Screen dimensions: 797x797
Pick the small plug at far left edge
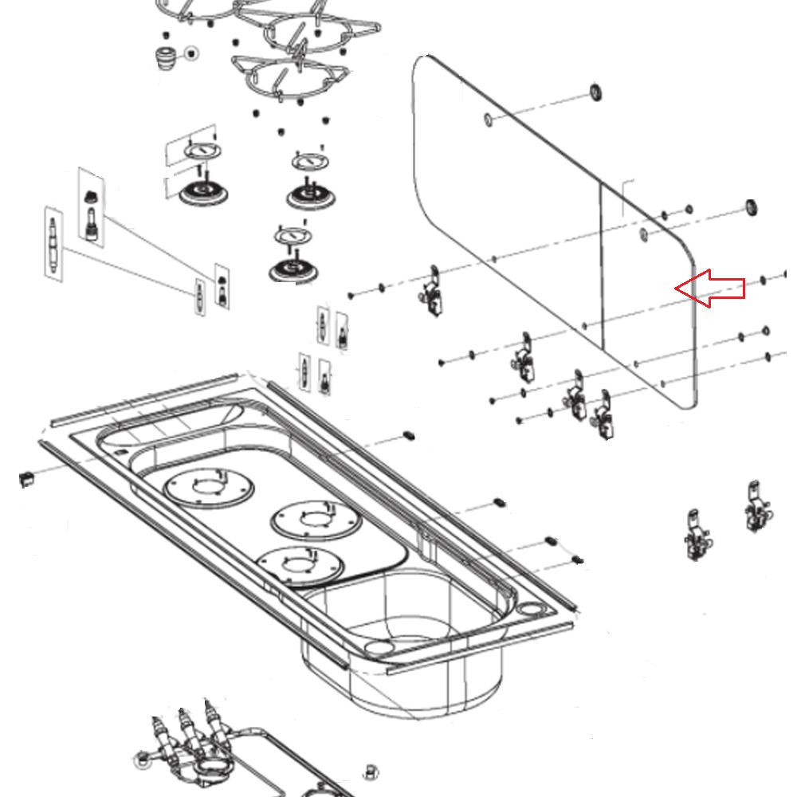point(26,477)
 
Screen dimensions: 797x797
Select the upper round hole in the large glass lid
point(488,120)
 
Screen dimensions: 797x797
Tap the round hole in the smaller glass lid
point(643,234)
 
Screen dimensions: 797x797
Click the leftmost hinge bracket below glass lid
point(433,292)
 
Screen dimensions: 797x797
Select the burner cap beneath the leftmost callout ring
point(199,192)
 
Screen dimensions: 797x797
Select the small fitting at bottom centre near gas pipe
point(370,771)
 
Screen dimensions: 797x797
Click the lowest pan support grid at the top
point(287,80)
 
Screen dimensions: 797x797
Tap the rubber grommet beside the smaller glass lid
point(750,209)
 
